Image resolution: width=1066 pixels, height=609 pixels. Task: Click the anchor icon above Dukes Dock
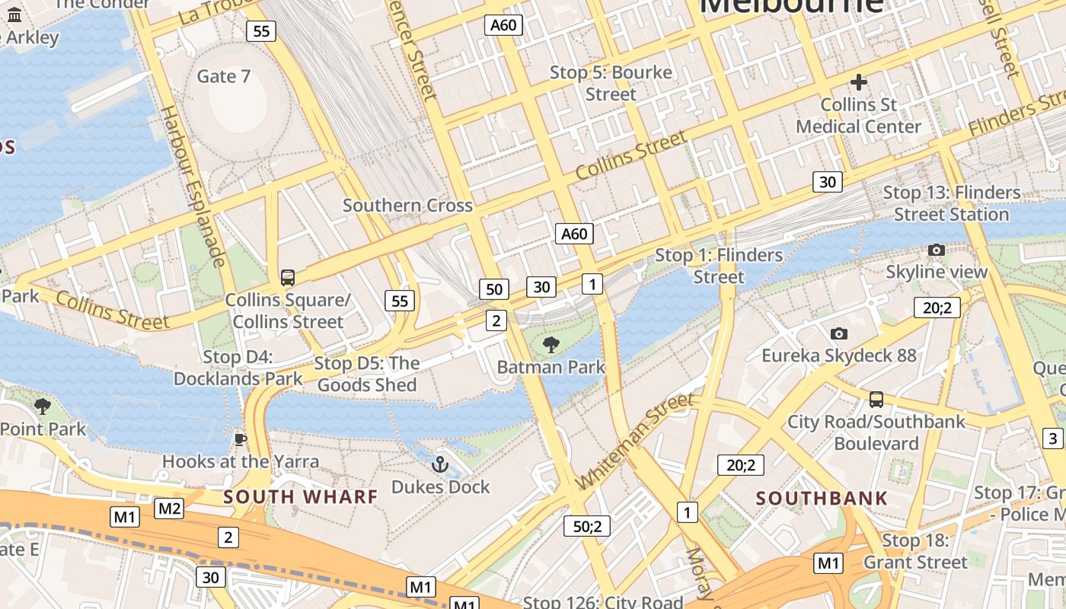(440, 463)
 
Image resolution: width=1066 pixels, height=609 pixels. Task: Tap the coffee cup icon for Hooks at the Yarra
(241, 439)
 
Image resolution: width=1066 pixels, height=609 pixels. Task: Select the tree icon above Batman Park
(551, 345)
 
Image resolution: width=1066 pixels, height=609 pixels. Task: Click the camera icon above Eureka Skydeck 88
(839, 333)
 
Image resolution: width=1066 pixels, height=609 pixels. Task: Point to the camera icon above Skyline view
(937, 250)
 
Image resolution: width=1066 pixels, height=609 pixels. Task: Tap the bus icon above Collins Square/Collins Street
(288, 278)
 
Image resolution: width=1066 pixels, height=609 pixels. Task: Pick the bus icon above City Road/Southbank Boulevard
(876, 399)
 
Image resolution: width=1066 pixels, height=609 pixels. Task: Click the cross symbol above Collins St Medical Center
(859, 82)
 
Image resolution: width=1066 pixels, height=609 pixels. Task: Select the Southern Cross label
(407, 206)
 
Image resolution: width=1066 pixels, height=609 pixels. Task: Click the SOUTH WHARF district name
(300, 497)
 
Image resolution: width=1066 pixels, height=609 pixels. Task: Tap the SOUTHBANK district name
(822, 499)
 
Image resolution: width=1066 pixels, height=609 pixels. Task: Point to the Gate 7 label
(224, 76)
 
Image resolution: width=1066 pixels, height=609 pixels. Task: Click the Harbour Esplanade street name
(192, 187)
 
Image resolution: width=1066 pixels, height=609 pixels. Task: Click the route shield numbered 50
(494, 289)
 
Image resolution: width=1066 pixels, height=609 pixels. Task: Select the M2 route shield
(169, 509)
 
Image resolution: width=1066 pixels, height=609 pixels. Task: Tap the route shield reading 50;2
(587, 526)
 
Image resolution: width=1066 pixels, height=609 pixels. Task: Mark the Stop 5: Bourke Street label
(611, 83)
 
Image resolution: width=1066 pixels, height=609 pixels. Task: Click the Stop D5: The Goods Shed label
(367, 375)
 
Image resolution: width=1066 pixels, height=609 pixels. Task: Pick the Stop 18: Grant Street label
(915, 552)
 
